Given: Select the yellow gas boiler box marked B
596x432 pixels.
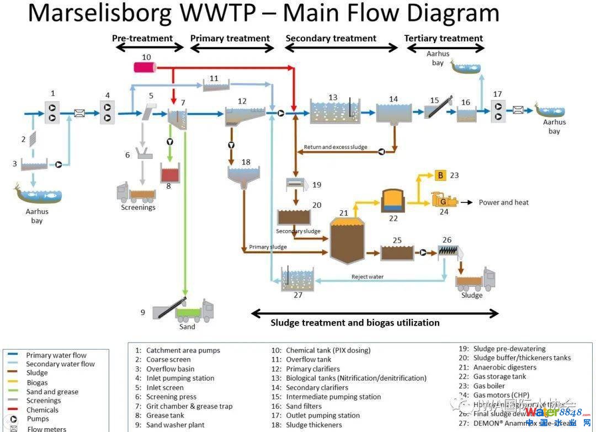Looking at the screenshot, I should [x=440, y=175].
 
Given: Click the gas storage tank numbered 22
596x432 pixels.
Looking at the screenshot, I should [x=393, y=201].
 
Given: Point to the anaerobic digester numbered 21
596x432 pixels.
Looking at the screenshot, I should [x=347, y=241].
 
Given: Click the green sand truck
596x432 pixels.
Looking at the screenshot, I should [x=194, y=311].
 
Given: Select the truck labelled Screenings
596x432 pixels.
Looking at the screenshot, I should [x=137, y=193].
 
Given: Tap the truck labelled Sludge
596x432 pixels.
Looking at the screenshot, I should [x=475, y=281].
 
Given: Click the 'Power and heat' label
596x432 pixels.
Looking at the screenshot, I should [x=503, y=202].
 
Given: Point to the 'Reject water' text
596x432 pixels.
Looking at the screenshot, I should [x=368, y=276].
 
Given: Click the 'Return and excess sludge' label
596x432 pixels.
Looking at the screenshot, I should [x=336, y=147].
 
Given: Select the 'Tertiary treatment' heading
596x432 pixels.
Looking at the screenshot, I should [x=443, y=39].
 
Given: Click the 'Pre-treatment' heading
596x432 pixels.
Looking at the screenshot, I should [x=142, y=39].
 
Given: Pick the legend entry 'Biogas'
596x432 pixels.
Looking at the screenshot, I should [x=37, y=382].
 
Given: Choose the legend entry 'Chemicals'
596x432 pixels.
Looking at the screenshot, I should [x=42, y=410].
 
